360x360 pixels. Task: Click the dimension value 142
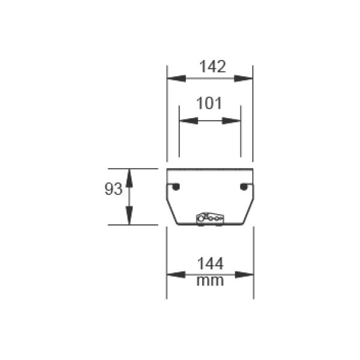click(x=212, y=67)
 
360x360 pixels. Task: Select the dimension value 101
click(x=209, y=103)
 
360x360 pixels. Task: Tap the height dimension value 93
click(x=113, y=189)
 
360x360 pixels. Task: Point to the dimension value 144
click(x=210, y=264)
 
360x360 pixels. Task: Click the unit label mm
click(x=210, y=281)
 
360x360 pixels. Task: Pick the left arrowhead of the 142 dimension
click(x=176, y=79)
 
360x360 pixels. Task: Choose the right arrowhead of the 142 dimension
click(x=243, y=79)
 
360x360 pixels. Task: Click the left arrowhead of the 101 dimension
click(x=189, y=121)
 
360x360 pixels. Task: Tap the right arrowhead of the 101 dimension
click(x=231, y=121)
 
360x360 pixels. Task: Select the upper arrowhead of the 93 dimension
click(x=129, y=178)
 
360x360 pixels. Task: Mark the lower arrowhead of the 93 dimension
click(x=129, y=215)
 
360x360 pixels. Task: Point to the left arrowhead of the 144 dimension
click(x=176, y=275)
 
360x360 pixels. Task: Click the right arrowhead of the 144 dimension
click(x=244, y=275)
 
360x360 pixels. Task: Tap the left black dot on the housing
click(x=176, y=187)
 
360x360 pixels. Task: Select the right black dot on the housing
click(x=244, y=187)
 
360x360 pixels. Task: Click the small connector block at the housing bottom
click(x=210, y=218)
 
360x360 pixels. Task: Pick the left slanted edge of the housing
click(x=172, y=212)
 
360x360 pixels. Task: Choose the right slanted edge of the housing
click(x=248, y=212)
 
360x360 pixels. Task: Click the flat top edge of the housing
click(x=210, y=169)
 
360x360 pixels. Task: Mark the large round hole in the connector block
click(x=201, y=218)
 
